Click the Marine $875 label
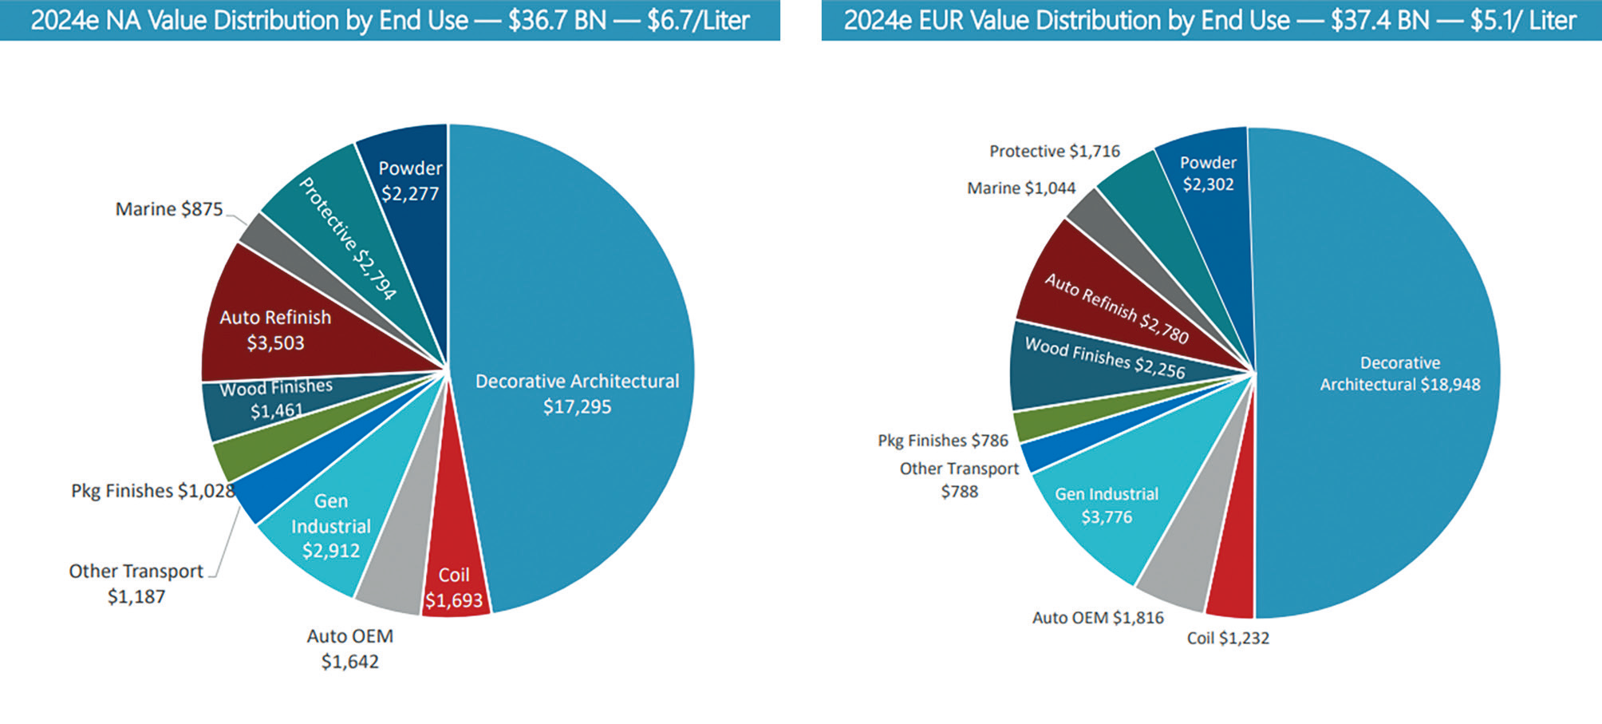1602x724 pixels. (x=169, y=209)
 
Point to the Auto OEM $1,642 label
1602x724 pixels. (x=349, y=648)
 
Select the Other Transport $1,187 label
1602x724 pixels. (x=136, y=584)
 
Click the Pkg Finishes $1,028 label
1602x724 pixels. (x=152, y=491)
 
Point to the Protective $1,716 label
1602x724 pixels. (x=1054, y=151)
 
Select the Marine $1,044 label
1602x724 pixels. (x=1020, y=188)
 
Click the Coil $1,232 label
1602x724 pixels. (x=1227, y=638)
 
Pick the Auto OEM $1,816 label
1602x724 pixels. (x=1097, y=618)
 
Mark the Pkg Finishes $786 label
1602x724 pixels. (x=942, y=441)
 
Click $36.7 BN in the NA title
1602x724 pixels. (x=557, y=20)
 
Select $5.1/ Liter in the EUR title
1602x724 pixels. (x=1523, y=20)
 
